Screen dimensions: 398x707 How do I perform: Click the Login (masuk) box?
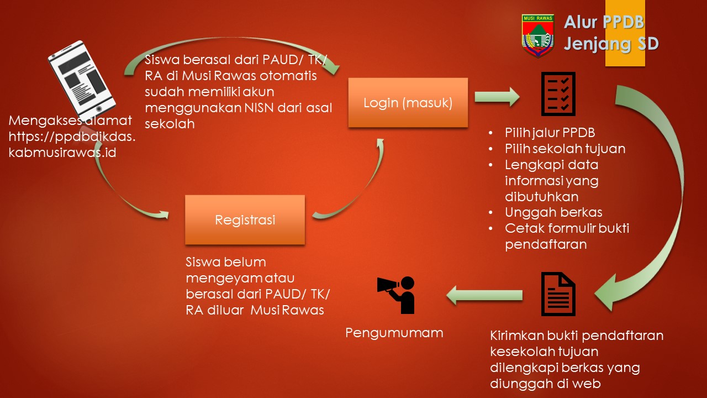(x=408, y=103)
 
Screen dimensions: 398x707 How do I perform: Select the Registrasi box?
(x=245, y=220)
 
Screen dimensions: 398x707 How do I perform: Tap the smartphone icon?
(x=82, y=77)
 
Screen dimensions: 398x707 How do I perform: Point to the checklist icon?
(x=557, y=93)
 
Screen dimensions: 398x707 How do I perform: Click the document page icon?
(x=558, y=294)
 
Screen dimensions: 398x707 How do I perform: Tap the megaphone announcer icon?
(x=397, y=294)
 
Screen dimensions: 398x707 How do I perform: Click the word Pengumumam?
(x=394, y=333)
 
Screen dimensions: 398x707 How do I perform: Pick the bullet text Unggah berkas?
(x=553, y=212)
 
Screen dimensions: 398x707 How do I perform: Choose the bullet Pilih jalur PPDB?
(x=550, y=133)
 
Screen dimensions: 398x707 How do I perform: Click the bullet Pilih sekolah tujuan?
(x=565, y=149)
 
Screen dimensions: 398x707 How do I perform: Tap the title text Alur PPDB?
(x=604, y=23)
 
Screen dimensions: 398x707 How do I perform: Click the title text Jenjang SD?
(x=610, y=44)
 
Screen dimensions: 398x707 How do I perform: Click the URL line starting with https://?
(x=72, y=137)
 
